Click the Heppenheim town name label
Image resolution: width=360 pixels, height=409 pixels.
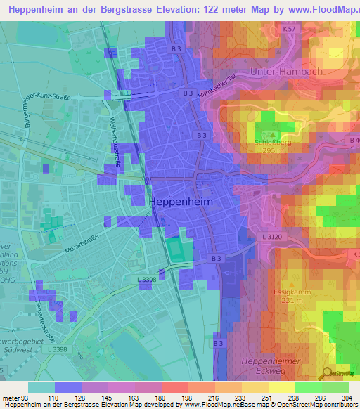click(x=191, y=201)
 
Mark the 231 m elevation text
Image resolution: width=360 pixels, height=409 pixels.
click(x=287, y=300)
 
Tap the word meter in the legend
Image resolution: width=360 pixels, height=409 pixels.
click(x=9, y=398)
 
